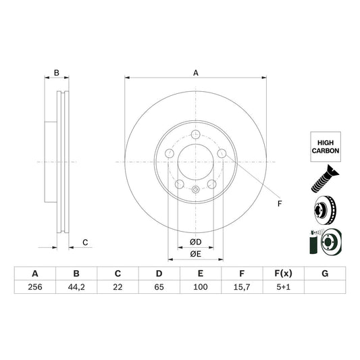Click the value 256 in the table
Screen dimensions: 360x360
pos(34,286)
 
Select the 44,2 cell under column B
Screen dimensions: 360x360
pos(76,286)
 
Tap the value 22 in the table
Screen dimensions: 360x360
pos(118,286)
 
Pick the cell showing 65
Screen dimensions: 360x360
pos(159,286)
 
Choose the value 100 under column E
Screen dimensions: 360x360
pos(201,286)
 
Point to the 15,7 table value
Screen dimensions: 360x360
pos(242,286)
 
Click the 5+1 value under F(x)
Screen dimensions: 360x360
pos(283,286)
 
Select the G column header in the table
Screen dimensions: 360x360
pos(325,274)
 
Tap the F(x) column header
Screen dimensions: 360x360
pos(283,274)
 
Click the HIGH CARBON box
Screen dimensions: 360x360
pos(326,147)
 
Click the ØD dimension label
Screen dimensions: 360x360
pos(195,242)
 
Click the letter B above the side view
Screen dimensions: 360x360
pos(57,72)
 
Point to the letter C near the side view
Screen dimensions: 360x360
pos(85,242)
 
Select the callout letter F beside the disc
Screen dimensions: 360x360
pos(278,203)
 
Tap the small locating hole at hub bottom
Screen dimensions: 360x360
pos(195,189)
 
